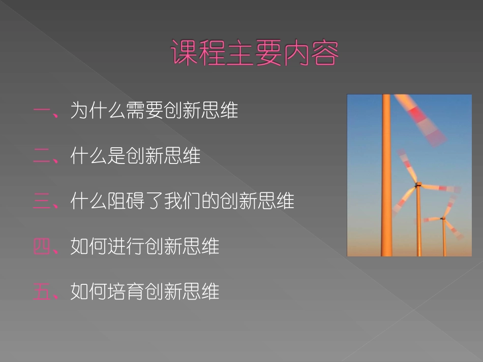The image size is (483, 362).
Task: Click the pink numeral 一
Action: coord(42,111)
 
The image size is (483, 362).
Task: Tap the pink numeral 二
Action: coord(42,156)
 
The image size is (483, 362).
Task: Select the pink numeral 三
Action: coord(42,201)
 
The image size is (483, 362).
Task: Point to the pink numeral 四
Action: coord(42,246)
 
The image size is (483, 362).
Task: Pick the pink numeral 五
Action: coord(42,291)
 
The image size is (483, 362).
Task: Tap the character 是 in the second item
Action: coord(117,156)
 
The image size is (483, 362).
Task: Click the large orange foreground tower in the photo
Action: coord(386,178)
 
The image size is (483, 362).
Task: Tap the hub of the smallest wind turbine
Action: coord(442,218)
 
